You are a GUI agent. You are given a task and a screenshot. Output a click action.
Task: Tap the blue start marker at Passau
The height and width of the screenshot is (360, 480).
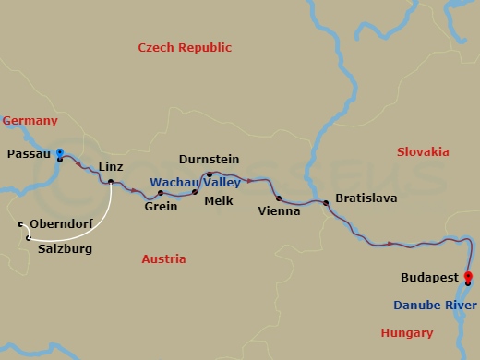click(59, 153)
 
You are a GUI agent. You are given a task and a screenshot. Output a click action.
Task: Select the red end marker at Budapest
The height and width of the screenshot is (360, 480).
click(468, 276)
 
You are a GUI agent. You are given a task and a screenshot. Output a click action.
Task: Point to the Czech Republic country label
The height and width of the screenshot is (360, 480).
click(185, 47)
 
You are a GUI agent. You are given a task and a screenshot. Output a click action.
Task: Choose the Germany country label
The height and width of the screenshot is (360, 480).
click(30, 121)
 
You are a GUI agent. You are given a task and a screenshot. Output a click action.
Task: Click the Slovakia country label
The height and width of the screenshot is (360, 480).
click(422, 151)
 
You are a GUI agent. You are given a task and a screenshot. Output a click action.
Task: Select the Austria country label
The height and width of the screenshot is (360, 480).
click(163, 259)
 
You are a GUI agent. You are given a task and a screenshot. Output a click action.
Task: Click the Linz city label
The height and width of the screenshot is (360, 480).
click(111, 166)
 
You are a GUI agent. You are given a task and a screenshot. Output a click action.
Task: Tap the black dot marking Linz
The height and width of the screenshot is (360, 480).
click(111, 181)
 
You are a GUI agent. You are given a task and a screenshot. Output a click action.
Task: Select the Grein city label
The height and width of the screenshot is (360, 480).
click(161, 207)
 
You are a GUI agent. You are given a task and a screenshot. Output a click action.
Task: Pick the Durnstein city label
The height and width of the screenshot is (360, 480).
click(209, 159)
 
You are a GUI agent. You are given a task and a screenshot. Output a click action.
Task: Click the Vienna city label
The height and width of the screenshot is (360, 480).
click(280, 211)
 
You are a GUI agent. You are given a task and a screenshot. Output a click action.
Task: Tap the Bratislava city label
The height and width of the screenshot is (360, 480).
click(365, 198)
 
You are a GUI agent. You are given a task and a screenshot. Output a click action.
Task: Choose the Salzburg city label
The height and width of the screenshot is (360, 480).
click(65, 248)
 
